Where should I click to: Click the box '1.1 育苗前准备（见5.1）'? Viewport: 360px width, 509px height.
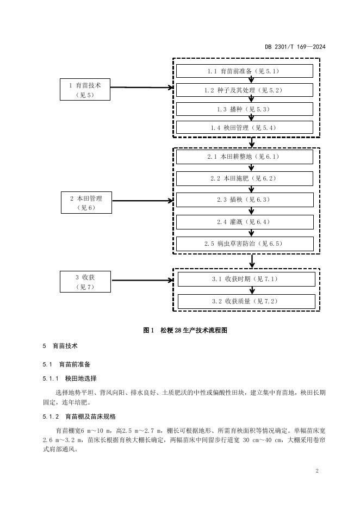coord(245,71)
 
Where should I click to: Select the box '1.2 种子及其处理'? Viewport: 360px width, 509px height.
coord(245,90)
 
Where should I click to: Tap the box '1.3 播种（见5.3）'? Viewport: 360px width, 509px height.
coord(245,109)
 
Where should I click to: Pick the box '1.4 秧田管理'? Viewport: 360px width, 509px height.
coord(245,128)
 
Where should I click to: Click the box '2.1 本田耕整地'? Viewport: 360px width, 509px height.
coord(245,157)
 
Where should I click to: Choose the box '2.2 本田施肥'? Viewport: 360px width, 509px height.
coord(245,178)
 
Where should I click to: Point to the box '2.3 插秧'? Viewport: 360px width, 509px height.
coord(245,200)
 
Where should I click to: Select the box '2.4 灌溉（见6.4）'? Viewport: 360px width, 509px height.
coord(245,222)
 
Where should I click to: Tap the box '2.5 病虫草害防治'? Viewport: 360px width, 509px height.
coord(245,244)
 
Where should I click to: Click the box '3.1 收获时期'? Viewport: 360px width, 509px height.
coord(246,280)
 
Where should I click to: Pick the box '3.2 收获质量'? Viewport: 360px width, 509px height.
coord(246,301)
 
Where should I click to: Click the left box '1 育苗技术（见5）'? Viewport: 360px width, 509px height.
coord(85,90)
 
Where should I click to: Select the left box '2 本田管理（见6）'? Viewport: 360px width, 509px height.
coord(86,203)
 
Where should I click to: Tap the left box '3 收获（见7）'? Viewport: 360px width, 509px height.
coord(85,282)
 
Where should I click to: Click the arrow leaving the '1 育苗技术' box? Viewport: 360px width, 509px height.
coord(142,88)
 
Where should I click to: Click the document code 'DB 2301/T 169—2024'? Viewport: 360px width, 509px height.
coord(295,47)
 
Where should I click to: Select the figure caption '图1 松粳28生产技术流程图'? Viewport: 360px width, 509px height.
coord(185,330)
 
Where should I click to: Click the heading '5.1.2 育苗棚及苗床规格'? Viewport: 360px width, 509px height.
coord(79,417)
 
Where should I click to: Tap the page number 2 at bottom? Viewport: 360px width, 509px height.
coord(316,470)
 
